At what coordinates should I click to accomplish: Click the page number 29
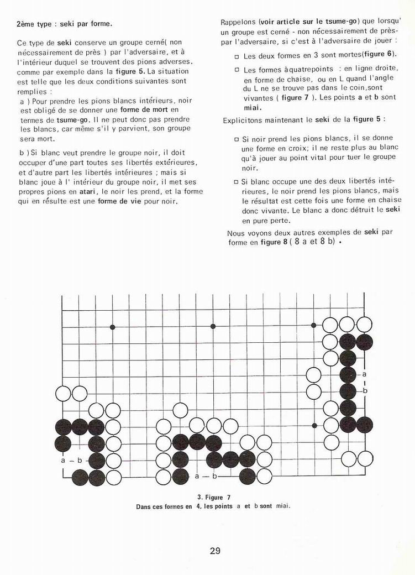pyautogui.click(x=215, y=551)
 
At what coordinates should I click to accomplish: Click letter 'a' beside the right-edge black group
pyautogui.click(x=365, y=374)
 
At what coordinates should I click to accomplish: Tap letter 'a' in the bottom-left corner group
pyautogui.click(x=64, y=460)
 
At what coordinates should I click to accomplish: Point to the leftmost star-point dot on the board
pyautogui.click(x=113, y=327)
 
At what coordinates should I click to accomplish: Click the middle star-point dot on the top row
pyautogui.click(x=213, y=327)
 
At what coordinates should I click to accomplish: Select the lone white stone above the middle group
pyautogui.click(x=180, y=410)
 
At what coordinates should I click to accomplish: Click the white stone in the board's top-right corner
pyautogui.click(x=364, y=325)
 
